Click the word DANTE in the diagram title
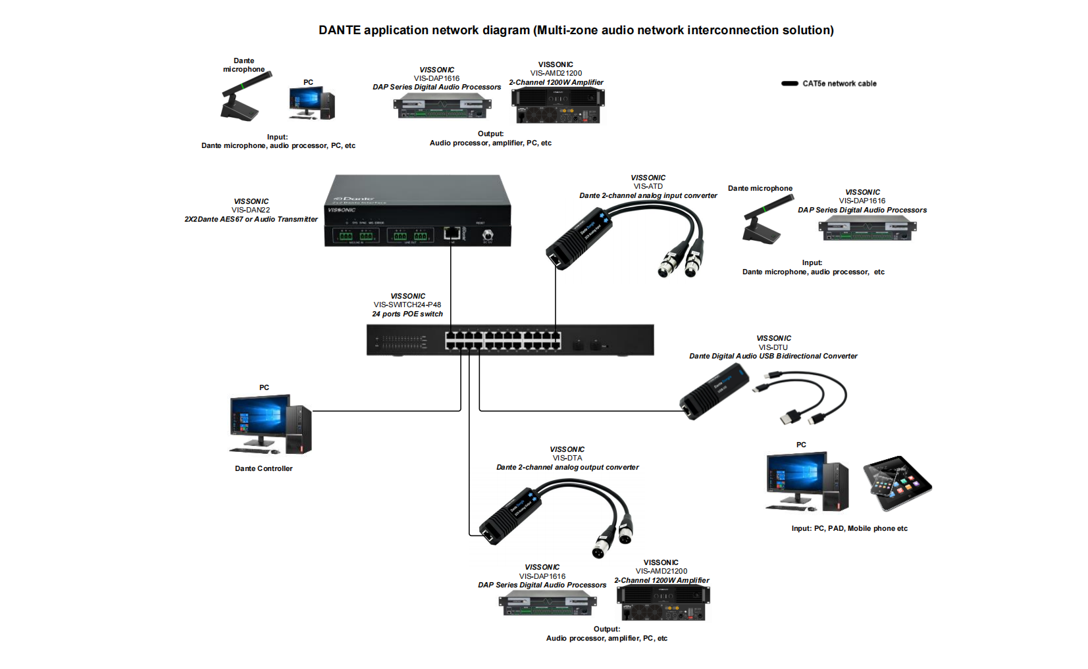pos(340,30)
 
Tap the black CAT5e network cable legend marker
pos(790,84)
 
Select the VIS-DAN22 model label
pos(251,211)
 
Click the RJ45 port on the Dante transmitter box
pos(452,233)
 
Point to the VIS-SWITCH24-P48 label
pos(407,305)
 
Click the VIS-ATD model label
pos(648,187)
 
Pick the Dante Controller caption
pos(263,469)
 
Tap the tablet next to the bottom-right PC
pos(897,483)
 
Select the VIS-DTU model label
pos(773,347)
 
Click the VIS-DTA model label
pos(567,458)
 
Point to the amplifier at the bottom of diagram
pos(663,603)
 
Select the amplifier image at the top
pos(557,105)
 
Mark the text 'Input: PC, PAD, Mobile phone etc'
pos(849,529)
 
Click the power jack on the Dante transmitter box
pos(488,234)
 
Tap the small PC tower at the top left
pos(327,104)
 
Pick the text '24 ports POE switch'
pos(407,314)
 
